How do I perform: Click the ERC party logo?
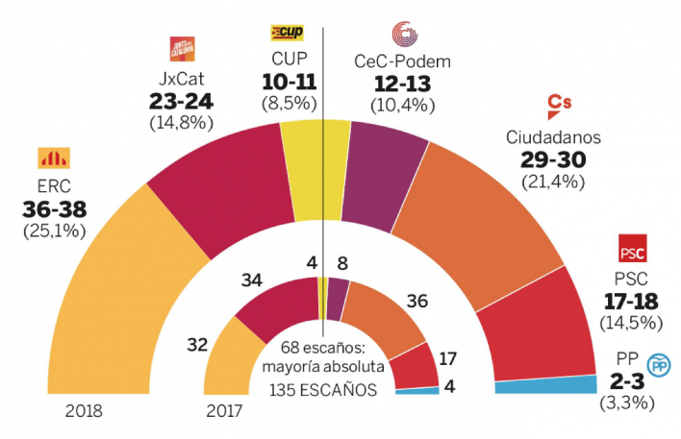pos(47,158)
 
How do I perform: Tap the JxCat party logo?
pos(181,47)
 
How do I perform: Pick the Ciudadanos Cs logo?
pos(560,106)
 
